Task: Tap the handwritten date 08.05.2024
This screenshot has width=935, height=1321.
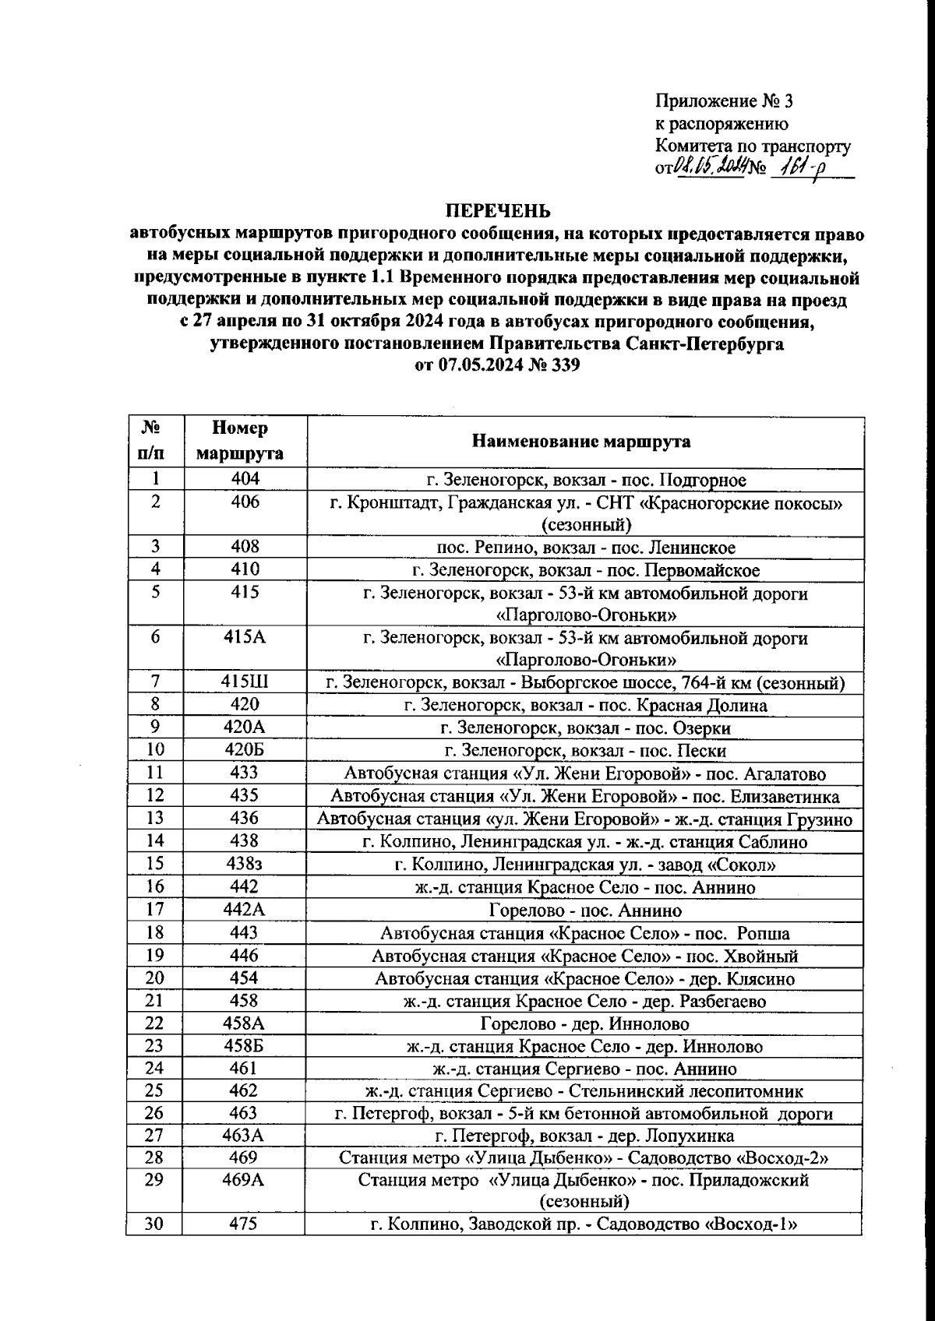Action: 711,166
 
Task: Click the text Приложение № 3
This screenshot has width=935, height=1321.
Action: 724,101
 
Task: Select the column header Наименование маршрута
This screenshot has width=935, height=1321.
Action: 581,442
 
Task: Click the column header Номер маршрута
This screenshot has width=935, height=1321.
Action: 239,441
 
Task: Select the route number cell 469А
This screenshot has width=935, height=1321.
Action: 243,1179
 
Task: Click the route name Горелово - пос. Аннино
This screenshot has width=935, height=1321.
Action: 585,910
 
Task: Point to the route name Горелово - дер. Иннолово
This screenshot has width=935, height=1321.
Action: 584,1023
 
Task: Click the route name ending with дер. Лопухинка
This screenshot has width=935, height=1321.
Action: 584,1136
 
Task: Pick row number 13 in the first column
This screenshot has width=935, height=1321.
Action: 155,818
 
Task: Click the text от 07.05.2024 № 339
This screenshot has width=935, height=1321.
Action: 497,365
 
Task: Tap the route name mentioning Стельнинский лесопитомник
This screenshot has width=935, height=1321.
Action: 584,1091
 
